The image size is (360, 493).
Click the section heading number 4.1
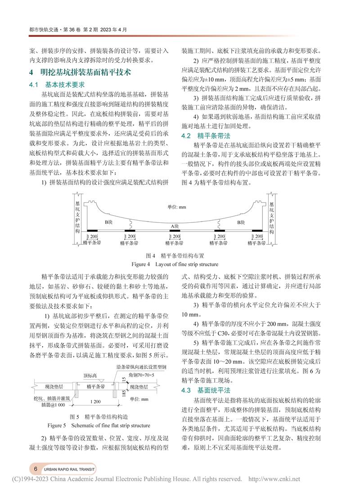(35, 84)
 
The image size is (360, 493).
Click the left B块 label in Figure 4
(108, 222)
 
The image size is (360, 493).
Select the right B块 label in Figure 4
(241, 222)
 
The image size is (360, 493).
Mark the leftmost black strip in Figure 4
(92, 231)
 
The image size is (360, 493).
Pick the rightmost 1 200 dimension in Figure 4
(258, 236)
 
